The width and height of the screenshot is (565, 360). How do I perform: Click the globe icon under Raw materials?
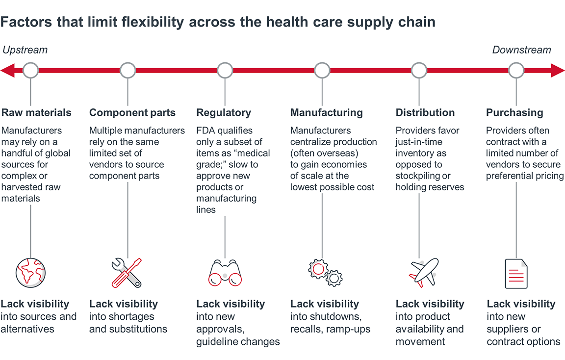point(30,273)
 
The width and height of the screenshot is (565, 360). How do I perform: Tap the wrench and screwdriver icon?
point(127,273)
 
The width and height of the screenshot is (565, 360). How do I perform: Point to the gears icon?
point(325,273)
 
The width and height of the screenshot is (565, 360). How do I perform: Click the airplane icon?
point(422,273)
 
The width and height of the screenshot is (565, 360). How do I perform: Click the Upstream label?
point(25,50)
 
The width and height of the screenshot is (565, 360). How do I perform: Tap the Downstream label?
point(521,50)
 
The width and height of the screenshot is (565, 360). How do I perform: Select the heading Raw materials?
point(36,113)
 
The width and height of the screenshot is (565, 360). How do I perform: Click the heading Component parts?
point(132,113)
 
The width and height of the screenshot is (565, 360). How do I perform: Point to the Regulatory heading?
point(223,113)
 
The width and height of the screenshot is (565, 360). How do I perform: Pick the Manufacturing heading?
point(327,113)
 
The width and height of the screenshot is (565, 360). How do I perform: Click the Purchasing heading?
point(514,113)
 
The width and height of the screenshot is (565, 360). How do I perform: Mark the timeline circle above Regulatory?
point(225,71)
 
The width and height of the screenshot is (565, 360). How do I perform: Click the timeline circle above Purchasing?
point(516,71)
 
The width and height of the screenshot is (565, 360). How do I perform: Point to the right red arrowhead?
point(558,71)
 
